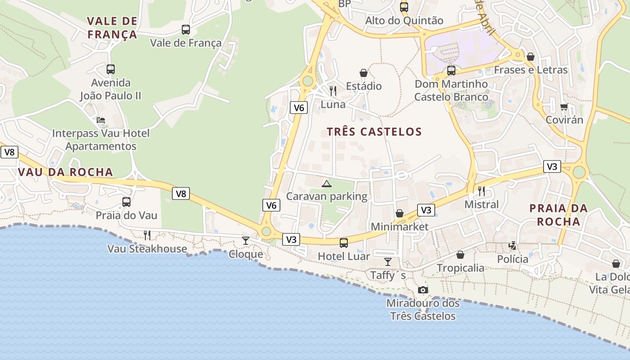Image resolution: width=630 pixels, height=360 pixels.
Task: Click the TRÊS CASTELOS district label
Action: tap(374, 132)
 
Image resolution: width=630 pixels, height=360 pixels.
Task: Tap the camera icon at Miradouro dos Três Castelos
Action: tap(423, 290)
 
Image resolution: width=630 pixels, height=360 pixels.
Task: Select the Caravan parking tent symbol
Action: tap(326, 184)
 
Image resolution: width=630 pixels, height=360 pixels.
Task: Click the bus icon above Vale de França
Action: tap(185, 30)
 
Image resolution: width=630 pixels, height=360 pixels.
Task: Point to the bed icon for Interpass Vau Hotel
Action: tap(101, 120)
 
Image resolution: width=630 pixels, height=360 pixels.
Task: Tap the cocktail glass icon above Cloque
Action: tap(245, 241)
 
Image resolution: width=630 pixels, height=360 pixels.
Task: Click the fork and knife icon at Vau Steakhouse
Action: tap(147, 235)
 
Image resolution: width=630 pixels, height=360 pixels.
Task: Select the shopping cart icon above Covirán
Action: tap(564, 107)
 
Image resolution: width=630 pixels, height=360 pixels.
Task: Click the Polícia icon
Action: tap(512, 246)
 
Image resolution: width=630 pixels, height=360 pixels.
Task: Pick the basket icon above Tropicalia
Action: tap(460, 255)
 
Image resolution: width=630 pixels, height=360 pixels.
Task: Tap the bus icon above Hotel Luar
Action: tap(343, 243)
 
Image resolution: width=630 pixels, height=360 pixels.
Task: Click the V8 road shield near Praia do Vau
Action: tap(180, 194)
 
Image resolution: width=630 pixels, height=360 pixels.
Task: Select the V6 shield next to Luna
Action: tap(299, 108)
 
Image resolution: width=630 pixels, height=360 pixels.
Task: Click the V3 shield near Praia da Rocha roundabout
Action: tap(552, 166)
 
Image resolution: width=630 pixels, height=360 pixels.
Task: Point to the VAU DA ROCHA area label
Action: tap(65, 172)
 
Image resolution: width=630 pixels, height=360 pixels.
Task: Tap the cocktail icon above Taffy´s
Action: tap(387, 261)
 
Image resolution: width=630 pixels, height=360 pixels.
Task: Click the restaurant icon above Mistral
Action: tap(481, 191)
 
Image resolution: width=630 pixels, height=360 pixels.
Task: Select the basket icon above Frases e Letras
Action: tap(530, 57)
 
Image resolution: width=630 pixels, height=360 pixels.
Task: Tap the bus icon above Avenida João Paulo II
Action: tap(110, 69)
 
